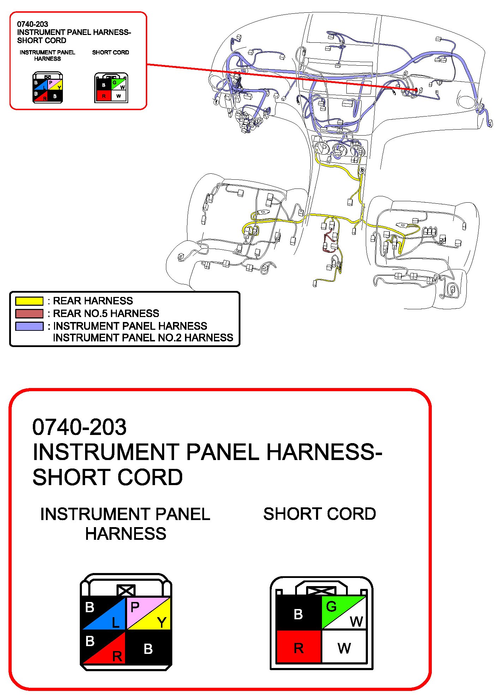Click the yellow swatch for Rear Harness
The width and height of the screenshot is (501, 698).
pyautogui.click(x=29, y=301)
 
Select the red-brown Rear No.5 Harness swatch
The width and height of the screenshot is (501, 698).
pyautogui.click(x=29, y=314)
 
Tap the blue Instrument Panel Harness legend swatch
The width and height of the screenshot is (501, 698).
pyautogui.click(x=29, y=326)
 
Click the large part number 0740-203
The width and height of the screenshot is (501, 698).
pyautogui.click(x=79, y=427)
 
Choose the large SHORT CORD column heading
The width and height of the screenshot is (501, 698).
pyautogui.click(x=320, y=514)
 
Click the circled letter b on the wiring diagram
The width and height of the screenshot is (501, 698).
pyautogui.click(x=362, y=170)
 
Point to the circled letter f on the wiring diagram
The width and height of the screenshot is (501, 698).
pyautogui.click(x=216, y=102)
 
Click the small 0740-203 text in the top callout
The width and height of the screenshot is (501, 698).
pyautogui.click(x=32, y=24)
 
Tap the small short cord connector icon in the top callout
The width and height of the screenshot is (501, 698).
pyautogui.click(x=111, y=88)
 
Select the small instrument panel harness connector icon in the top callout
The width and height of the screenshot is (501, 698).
pyautogui.click(x=48, y=88)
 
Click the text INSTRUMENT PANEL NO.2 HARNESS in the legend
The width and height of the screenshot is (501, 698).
pyautogui.click(x=143, y=338)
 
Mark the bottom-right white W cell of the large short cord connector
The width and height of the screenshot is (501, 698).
pyautogui.click(x=344, y=648)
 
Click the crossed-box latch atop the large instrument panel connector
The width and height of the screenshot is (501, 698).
pyautogui.click(x=126, y=590)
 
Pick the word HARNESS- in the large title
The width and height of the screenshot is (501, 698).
pyautogui.click(x=324, y=452)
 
